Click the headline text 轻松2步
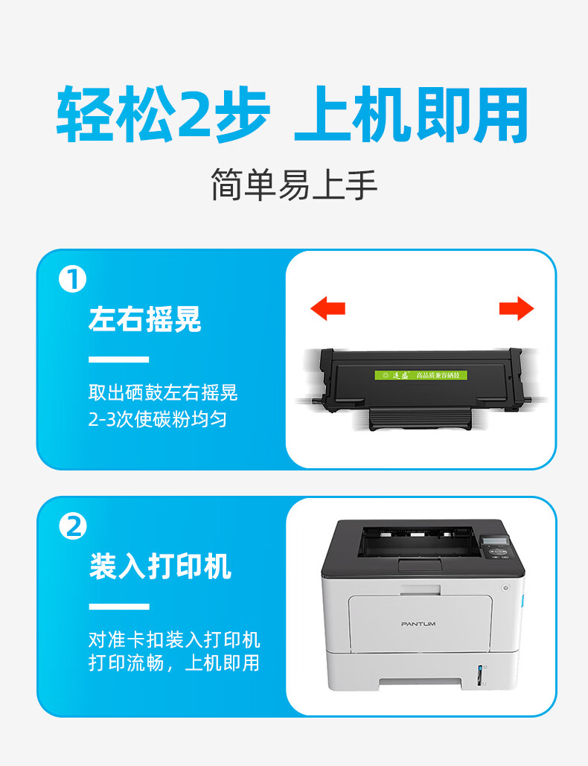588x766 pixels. coord(162,116)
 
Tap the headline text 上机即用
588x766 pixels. coord(412,116)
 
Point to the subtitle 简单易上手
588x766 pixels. coord(294,185)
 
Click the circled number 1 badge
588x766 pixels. coord(73,280)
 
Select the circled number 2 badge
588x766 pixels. coord(73,527)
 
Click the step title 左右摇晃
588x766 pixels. coord(144,319)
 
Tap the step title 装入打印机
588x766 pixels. coord(160,566)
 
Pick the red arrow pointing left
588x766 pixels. coord(327,307)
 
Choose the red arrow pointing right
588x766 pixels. coord(517,307)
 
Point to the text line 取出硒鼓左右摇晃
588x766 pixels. coord(163,392)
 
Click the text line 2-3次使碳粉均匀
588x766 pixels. coord(157,419)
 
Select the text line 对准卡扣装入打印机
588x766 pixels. coord(174,639)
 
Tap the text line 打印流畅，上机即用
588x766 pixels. coord(174,663)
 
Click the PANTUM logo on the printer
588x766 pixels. coord(418,623)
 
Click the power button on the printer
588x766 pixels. coord(507,588)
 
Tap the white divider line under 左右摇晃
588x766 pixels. coord(118,360)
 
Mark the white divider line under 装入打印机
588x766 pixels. coord(118,606)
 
